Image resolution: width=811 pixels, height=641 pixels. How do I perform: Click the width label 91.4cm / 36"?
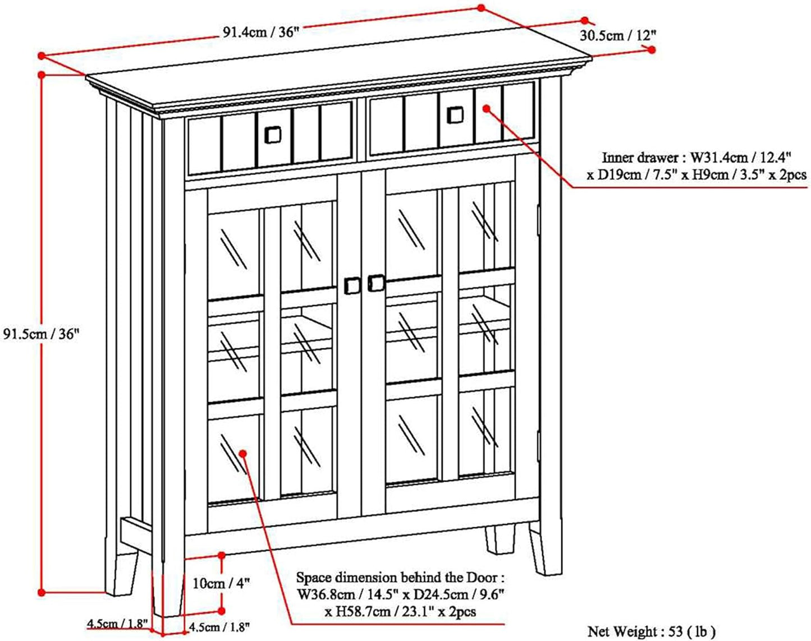tap(259, 32)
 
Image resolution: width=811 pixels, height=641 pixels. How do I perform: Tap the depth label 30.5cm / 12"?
tap(617, 35)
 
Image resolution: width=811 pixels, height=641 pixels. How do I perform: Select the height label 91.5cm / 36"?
tap(42, 334)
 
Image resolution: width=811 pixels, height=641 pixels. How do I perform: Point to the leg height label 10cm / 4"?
tap(220, 583)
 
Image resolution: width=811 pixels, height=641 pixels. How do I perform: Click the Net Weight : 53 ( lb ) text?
tap(652, 631)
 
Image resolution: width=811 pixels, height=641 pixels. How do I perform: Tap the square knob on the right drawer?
tap(455, 114)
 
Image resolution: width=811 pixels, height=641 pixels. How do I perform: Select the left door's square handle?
tap(352, 285)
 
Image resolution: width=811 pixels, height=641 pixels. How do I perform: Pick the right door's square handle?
tap(376, 283)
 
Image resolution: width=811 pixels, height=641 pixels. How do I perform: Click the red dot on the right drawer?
tap(487, 109)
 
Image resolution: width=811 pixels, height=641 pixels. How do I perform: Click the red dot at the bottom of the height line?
tap(41, 592)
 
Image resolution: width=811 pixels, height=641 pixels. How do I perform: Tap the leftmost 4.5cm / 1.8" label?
tap(117, 623)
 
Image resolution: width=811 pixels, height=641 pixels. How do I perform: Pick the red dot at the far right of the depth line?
tap(652, 49)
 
